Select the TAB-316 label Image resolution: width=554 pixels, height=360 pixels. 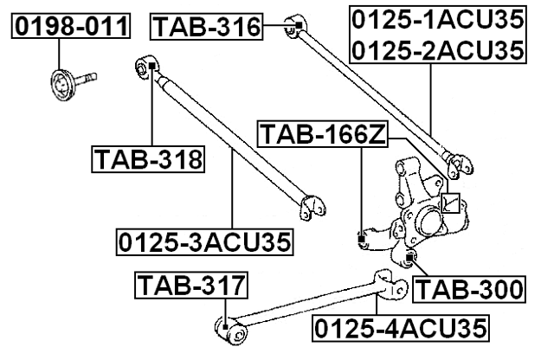tap(207, 28)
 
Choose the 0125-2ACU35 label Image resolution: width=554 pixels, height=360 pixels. tap(437, 50)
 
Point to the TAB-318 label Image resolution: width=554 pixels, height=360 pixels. tap(147, 159)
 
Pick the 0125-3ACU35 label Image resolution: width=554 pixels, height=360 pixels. tap(205, 241)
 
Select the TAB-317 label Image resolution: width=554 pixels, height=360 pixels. tap(191, 284)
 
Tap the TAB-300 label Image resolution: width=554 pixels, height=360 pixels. tap(468, 288)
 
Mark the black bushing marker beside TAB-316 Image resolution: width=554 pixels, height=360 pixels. tap(297, 25)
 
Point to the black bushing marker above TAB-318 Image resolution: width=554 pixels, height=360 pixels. tap(151, 63)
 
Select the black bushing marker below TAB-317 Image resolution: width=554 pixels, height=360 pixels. tap(225, 326)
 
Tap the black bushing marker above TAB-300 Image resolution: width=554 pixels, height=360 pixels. tap(410, 257)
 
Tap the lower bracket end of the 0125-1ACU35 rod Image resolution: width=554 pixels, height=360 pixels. tap(458, 161)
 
